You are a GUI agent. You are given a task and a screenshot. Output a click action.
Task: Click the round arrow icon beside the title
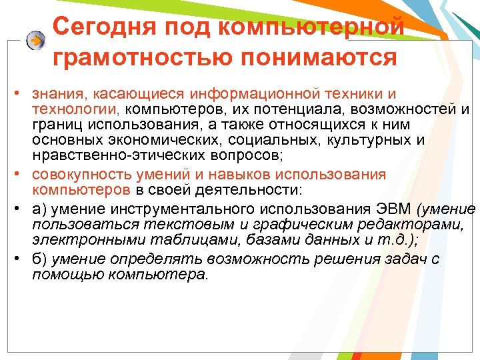pos(35,40)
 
